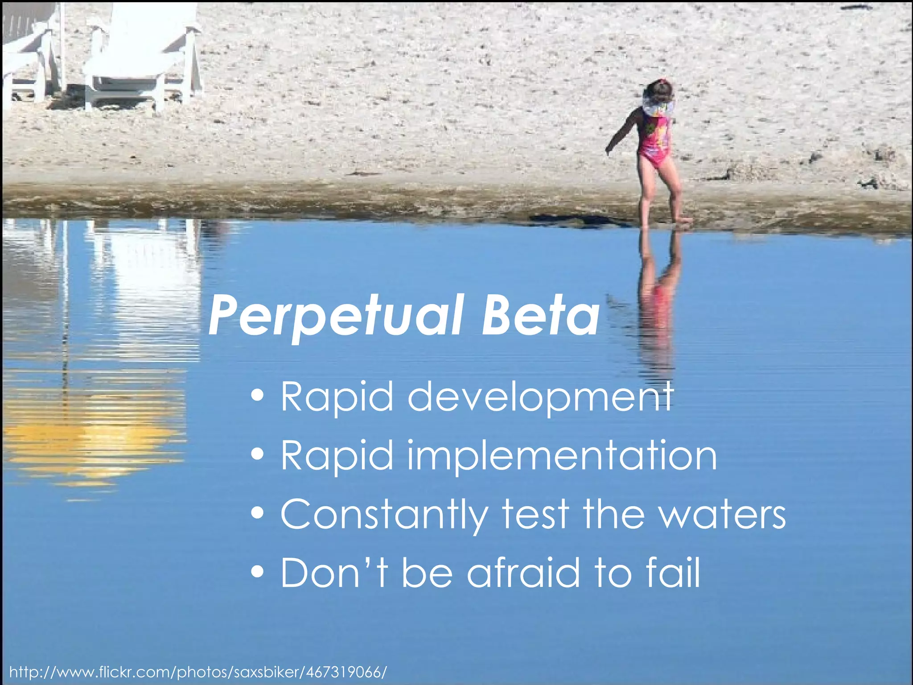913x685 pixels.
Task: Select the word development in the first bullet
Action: [x=540, y=397]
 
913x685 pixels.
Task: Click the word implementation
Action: [x=562, y=456]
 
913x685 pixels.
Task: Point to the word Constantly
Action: [x=384, y=515]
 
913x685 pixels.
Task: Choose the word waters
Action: [x=723, y=515]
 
